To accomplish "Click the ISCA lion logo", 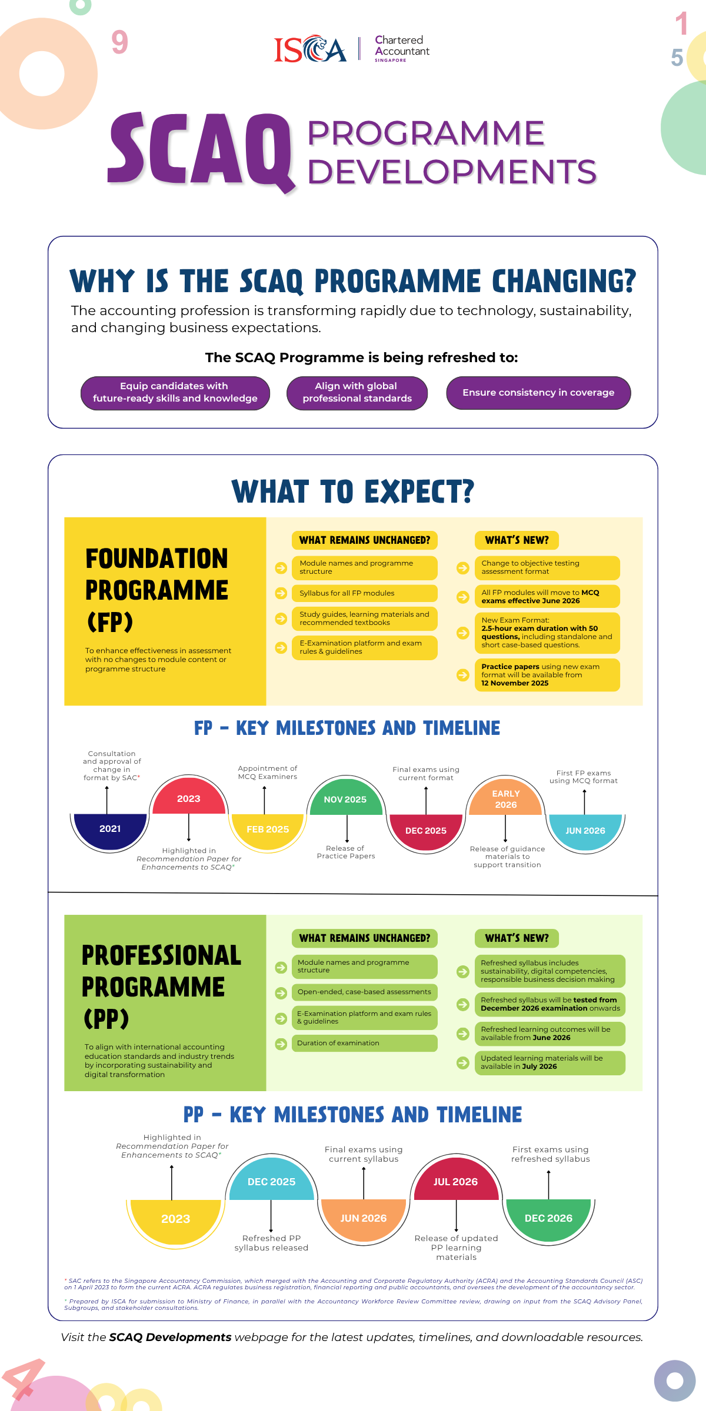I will click(310, 49).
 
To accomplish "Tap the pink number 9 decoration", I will click(119, 42).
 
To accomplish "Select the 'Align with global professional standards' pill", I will click(357, 393).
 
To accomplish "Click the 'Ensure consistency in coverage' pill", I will click(538, 393).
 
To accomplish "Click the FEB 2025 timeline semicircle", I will click(268, 830).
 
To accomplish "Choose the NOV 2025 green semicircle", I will click(345, 799).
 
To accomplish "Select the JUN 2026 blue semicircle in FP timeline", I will click(585, 830).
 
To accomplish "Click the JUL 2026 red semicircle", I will click(456, 1182).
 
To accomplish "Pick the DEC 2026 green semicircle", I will click(548, 1218).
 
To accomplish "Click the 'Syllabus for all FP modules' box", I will click(365, 593).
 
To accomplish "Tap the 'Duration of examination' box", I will click(365, 1043).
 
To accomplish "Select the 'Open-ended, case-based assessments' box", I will click(365, 992).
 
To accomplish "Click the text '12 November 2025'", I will click(515, 683).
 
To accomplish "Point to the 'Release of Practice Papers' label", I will click(346, 852).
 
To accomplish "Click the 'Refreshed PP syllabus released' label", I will click(271, 1243).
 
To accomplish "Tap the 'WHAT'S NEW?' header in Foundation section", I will click(517, 540).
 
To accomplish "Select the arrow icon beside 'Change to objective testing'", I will click(463, 568).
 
